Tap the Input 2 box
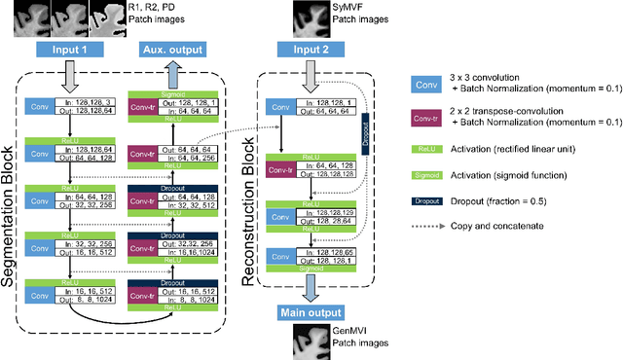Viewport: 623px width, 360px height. tap(311, 48)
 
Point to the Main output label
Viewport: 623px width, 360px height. tap(311, 312)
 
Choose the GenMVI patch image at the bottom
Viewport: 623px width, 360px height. tap(311, 341)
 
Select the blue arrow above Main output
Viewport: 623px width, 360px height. tap(311, 288)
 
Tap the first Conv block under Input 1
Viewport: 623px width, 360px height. tap(38, 108)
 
